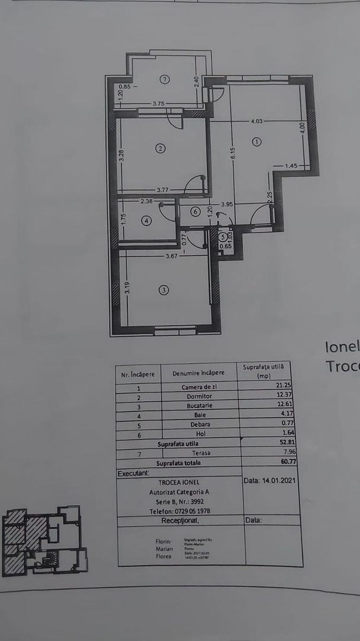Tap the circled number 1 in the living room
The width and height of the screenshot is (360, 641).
tap(256, 142)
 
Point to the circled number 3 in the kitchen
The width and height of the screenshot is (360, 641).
tap(164, 290)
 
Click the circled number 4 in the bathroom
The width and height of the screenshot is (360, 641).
tap(147, 221)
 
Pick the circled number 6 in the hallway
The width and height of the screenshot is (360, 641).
tap(195, 211)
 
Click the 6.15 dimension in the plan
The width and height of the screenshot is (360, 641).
tap(234, 153)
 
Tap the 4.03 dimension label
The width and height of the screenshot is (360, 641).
tap(257, 122)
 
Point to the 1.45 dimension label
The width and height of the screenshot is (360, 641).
tap(291, 165)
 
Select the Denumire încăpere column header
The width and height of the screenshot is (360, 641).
tap(198, 373)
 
